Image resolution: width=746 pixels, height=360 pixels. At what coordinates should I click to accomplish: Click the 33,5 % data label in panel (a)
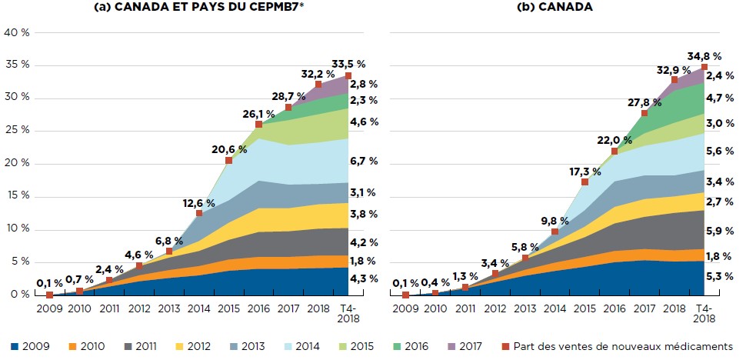346,64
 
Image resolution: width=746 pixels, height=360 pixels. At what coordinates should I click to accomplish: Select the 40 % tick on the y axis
16,32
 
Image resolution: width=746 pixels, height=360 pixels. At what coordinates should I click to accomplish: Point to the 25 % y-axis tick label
16,131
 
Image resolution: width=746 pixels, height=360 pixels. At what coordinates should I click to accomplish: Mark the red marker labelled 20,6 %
229,160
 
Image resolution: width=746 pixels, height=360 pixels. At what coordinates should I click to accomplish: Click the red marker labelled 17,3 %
585,182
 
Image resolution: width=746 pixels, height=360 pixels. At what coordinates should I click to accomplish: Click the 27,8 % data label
645,101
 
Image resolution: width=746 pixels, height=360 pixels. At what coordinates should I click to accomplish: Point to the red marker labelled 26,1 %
259,124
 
